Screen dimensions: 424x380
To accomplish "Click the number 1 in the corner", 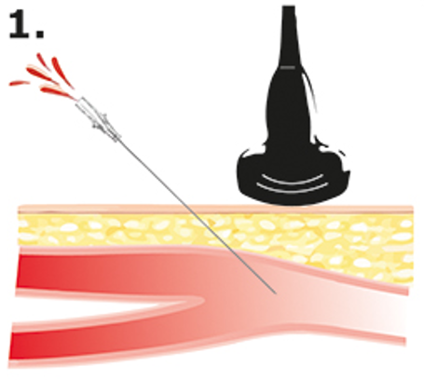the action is tap(20, 24).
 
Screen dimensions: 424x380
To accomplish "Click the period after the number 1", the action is tap(39, 34).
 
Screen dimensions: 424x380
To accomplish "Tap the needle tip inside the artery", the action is tap(275, 292).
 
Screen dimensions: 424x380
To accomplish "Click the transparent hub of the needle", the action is tap(97, 118).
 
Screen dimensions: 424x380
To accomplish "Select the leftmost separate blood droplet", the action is tap(20, 83).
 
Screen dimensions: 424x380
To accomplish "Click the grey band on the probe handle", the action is tap(288, 67).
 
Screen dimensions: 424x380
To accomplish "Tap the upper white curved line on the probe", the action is tap(293, 181).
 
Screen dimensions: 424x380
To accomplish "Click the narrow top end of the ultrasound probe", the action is tap(289, 9).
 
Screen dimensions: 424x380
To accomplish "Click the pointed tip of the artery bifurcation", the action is tap(203, 301).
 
